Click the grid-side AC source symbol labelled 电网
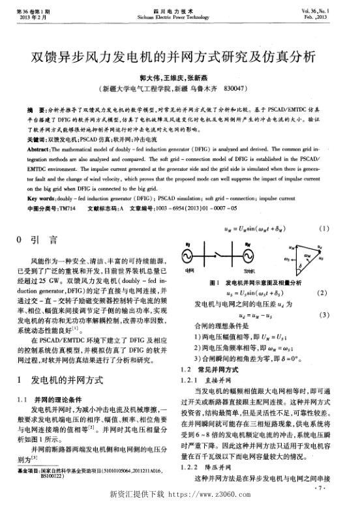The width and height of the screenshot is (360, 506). [x=192, y=256]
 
